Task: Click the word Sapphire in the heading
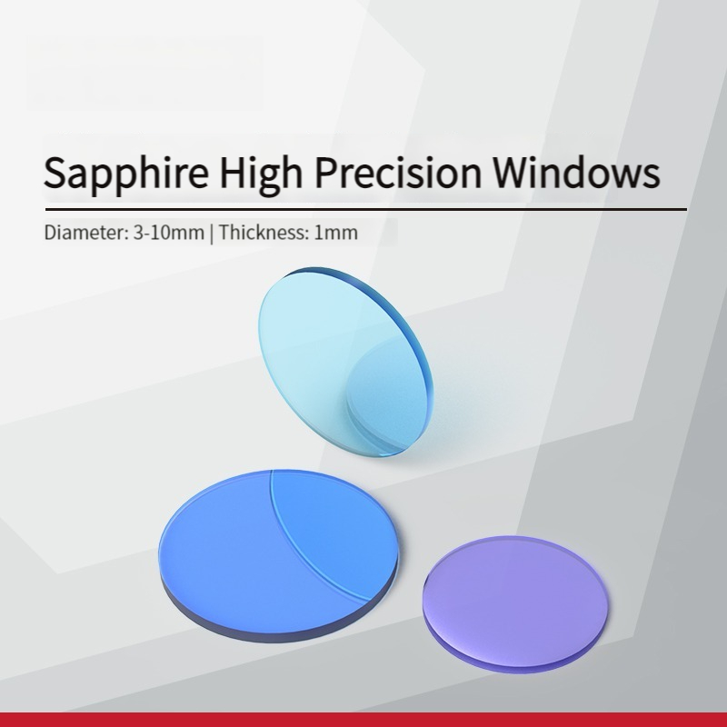click(x=125, y=173)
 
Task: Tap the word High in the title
click(x=261, y=173)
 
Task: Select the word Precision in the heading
click(x=398, y=172)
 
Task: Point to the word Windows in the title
click(x=576, y=172)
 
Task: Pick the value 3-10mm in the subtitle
click(x=169, y=233)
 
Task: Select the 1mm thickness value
click(x=335, y=233)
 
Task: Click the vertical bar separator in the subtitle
click(x=212, y=233)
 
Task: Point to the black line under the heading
click(x=366, y=210)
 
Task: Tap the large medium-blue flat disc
click(x=278, y=555)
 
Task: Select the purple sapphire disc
click(x=515, y=603)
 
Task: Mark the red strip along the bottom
click(x=363, y=720)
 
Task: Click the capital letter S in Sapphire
click(x=55, y=172)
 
